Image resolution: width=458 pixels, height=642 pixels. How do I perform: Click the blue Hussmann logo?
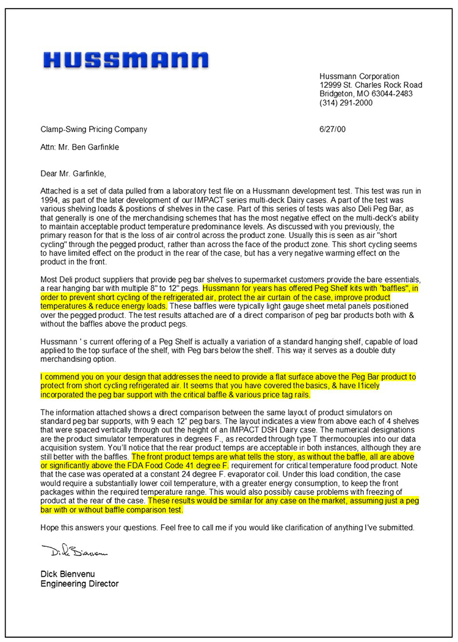point(126,60)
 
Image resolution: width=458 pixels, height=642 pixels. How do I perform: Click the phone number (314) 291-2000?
point(346,103)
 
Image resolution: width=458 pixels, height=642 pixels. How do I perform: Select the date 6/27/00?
point(332,129)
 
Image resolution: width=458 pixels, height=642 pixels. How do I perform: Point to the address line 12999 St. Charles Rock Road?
point(371,85)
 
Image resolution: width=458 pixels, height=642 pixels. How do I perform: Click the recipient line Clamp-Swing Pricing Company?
point(93,129)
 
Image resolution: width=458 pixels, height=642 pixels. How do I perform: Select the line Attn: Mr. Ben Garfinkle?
point(80,147)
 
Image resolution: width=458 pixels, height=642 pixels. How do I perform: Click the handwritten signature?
point(73,553)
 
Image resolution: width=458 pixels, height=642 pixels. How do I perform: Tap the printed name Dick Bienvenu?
point(68,574)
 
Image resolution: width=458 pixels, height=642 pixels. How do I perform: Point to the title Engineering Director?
point(79,583)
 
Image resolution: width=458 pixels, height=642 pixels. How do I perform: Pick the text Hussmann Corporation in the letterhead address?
point(359,76)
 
